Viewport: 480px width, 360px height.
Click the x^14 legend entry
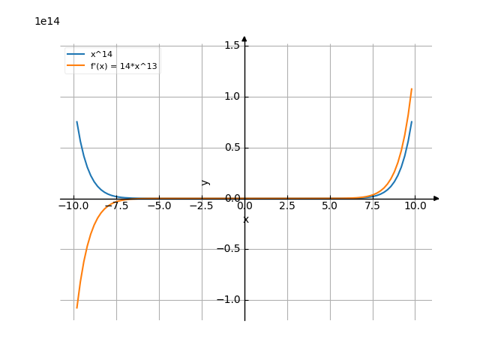pos(101,55)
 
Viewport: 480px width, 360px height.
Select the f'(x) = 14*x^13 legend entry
pos(123,66)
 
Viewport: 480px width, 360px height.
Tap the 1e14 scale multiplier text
pos(46,21)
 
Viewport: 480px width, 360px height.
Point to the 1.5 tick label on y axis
pos(232,46)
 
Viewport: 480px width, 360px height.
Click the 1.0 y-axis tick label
pos(232,97)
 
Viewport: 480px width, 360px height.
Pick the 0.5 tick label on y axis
pos(232,148)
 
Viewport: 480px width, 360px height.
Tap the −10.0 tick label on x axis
pos(73,205)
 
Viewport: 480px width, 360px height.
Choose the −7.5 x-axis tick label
pos(116,205)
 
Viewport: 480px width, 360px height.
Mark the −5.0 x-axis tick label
pos(159,205)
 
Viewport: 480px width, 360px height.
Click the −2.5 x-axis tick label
pos(202,205)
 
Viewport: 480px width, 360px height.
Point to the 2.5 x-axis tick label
pos(287,205)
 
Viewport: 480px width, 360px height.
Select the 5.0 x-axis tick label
pos(330,205)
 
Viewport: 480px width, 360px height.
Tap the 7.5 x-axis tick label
pos(373,205)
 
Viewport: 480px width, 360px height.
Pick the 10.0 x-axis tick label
pos(415,205)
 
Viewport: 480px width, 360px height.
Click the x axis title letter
pos(245,219)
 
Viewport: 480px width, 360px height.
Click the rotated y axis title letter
pos(206,181)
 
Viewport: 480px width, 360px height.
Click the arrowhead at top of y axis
pos(244,39)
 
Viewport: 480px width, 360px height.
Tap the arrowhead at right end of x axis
pos(436,199)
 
